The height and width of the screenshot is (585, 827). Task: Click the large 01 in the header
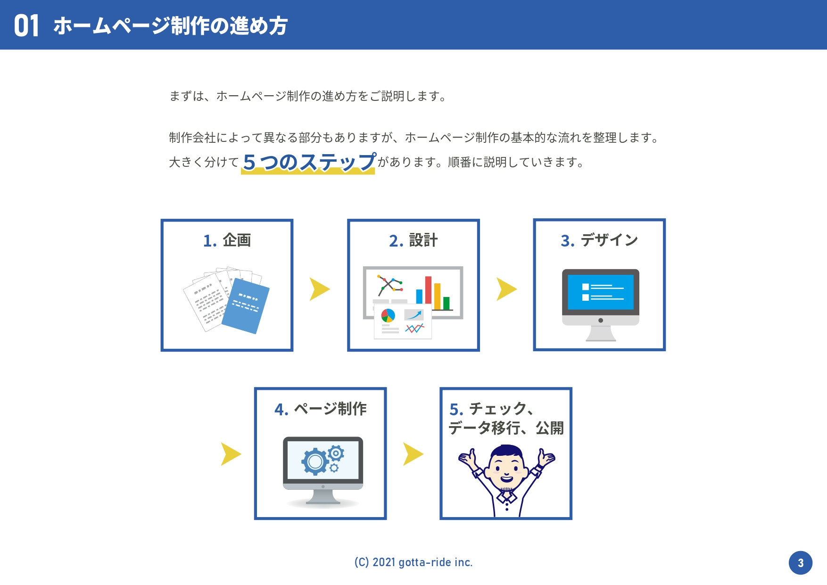tap(26, 26)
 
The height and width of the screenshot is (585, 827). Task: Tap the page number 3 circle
tap(800, 563)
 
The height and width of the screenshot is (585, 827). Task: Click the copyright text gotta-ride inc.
tap(413, 562)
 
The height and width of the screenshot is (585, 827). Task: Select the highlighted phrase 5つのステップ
tap(309, 162)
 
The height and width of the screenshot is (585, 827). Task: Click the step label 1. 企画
tap(227, 240)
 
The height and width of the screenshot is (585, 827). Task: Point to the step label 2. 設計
tap(413, 240)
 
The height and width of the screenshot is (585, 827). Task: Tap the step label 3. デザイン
tap(599, 240)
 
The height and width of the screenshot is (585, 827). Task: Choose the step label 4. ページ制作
tap(321, 409)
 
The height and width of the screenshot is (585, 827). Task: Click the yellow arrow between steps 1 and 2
tap(319, 289)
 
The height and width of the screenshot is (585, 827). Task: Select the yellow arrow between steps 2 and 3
tap(506, 289)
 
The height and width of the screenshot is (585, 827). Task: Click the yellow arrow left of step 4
tap(230, 454)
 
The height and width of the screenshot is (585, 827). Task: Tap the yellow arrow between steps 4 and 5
tap(413, 454)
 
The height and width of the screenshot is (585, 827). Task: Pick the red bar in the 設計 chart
tap(428, 290)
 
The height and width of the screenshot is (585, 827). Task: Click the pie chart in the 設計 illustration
tap(388, 315)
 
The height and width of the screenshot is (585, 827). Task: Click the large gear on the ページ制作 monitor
tap(315, 461)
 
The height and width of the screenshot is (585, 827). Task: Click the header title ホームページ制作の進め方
tap(171, 26)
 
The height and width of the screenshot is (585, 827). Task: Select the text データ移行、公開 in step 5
tap(506, 428)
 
